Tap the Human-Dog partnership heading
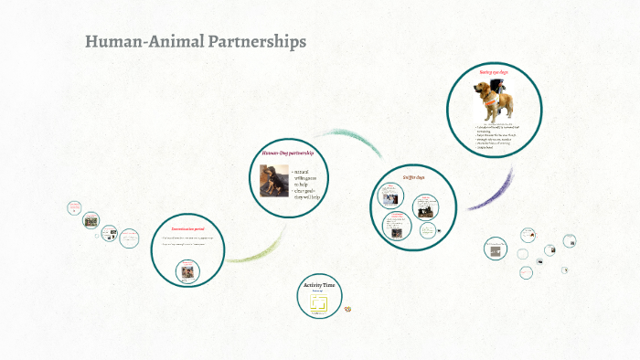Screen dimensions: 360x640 [288, 154]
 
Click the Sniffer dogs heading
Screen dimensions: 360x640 [414, 177]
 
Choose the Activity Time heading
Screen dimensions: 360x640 [320, 286]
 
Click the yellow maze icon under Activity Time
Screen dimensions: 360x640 [320, 304]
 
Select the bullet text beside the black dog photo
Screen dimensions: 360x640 [306, 183]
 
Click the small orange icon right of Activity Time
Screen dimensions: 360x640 [348, 309]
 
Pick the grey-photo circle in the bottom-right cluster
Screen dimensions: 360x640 [495, 249]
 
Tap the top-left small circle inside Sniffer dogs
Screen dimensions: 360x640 [389, 196]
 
